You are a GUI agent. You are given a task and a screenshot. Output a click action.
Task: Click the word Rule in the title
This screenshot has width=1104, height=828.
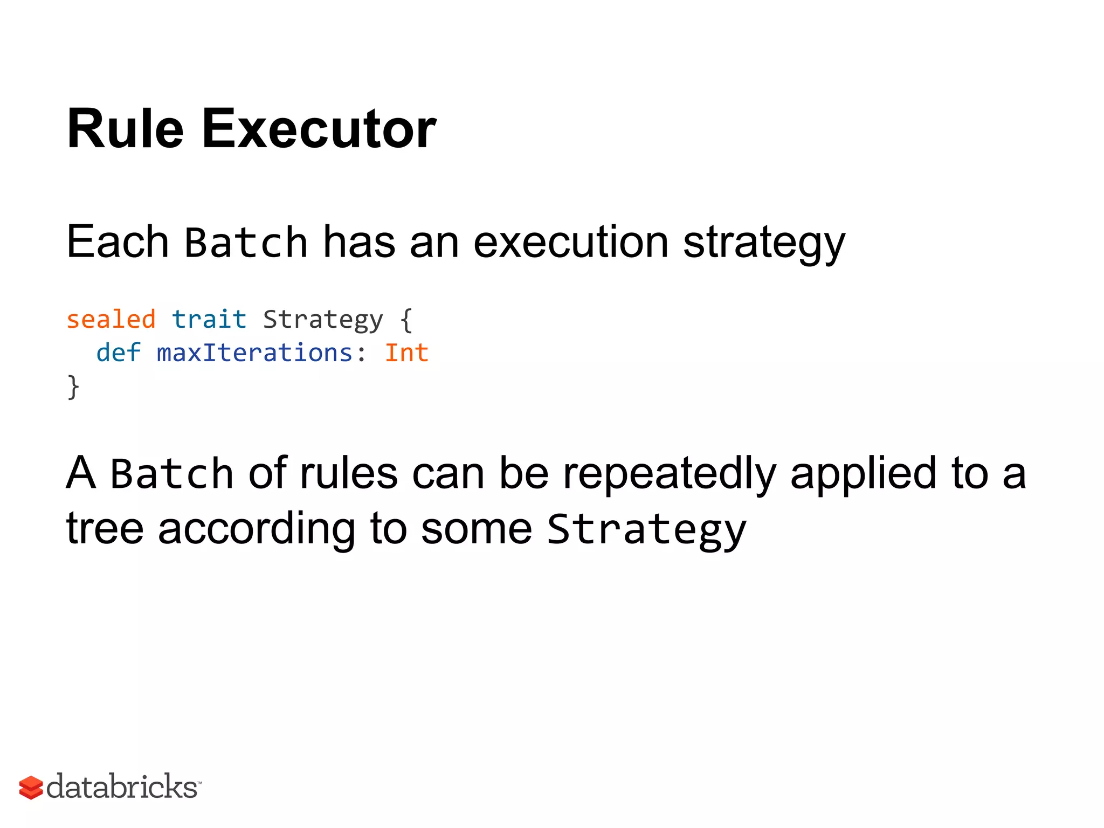point(125,129)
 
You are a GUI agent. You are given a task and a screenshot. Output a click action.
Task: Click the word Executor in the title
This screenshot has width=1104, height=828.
point(319,129)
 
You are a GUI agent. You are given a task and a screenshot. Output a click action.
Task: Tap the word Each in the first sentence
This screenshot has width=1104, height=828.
point(118,242)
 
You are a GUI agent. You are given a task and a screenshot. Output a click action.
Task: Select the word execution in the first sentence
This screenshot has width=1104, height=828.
point(571,242)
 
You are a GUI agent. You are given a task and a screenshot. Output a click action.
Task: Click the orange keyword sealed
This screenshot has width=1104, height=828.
point(111,320)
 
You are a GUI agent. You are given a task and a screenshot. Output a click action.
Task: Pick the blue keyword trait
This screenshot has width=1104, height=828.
point(209,320)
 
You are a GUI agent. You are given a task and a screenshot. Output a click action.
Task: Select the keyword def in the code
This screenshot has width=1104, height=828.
point(119,353)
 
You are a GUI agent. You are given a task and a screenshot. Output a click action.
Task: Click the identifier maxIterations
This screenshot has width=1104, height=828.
point(254,353)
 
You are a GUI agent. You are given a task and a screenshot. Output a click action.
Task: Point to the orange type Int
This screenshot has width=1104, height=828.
point(406,353)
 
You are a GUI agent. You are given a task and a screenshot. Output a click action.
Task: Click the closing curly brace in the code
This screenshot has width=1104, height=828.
point(73,387)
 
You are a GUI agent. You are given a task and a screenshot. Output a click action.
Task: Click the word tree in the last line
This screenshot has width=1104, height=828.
point(105,528)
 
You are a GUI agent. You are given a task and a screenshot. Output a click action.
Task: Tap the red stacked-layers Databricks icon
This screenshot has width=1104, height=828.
point(31,788)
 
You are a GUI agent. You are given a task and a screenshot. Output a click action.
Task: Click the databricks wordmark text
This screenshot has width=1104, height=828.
point(122,786)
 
